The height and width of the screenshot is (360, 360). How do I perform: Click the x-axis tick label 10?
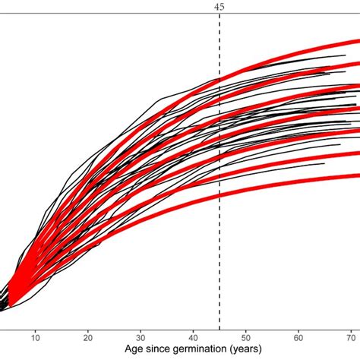pyautogui.click(x=36, y=335)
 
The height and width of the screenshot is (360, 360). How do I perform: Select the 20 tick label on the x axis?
pyautogui.click(x=88, y=335)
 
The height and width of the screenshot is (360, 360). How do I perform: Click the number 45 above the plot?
pyautogui.click(x=219, y=6)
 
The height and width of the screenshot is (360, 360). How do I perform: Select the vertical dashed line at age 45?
pyautogui.click(x=219, y=228)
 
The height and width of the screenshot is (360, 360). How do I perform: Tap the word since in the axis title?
pyautogui.click(x=144, y=349)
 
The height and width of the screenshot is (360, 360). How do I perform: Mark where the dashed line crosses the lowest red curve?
pyautogui.click(x=219, y=204)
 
